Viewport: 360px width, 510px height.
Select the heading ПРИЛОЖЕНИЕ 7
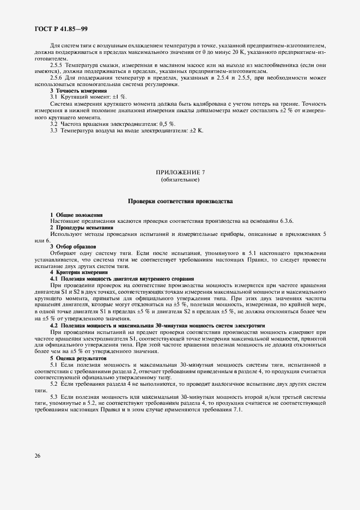180,173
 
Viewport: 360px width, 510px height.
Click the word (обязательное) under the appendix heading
180,179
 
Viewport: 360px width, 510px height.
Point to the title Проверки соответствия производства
180,202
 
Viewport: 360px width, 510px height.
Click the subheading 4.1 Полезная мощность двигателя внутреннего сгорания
123,278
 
